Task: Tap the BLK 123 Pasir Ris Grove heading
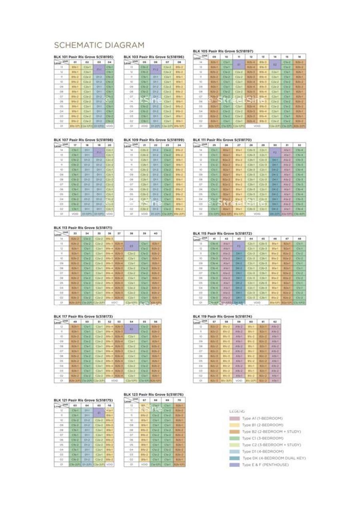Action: pyautogui.click(x=154, y=394)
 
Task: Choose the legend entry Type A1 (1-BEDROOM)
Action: pyautogui.click(x=257, y=418)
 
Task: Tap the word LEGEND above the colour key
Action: pyautogui.click(x=234, y=411)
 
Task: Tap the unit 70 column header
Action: pyautogui.click(x=179, y=400)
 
